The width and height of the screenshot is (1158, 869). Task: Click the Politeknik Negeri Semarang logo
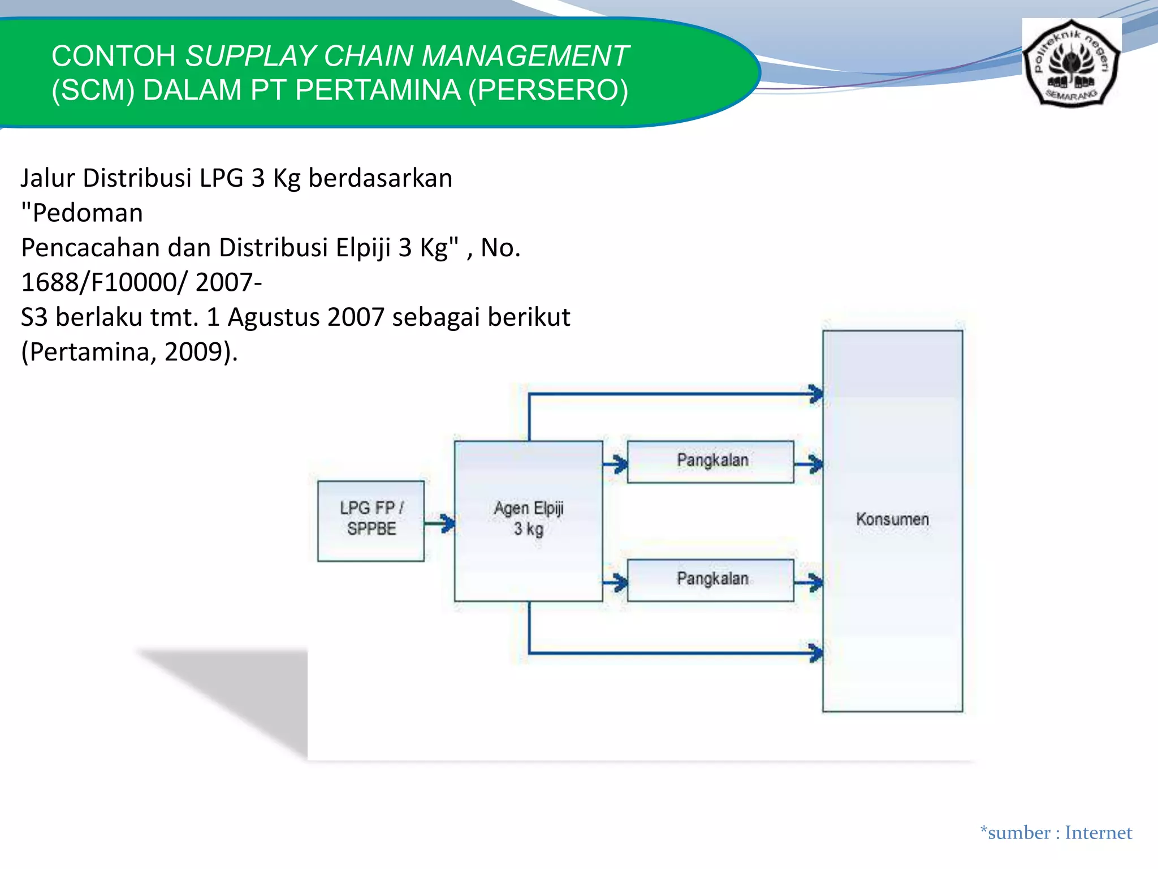[x=1071, y=63]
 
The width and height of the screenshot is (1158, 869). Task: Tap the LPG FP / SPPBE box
[x=371, y=520]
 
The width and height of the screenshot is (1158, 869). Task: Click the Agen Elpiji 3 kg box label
[x=529, y=518]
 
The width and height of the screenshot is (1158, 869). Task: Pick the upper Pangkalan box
[x=711, y=461]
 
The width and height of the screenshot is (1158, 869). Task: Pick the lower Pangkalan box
[x=711, y=579]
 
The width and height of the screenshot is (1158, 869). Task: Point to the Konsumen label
[x=892, y=519]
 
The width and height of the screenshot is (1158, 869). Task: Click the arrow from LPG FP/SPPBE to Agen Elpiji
[x=440, y=523]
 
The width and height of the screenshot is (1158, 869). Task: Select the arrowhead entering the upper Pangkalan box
[x=620, y=465]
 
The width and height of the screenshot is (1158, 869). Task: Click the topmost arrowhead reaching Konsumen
[x=815, y=394]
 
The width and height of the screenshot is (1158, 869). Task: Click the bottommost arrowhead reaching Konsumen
[x=815, y=653]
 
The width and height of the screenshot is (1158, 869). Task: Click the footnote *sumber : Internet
[x=1056, y=833]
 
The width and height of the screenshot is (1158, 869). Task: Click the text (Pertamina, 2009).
[x=129, y=352]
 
